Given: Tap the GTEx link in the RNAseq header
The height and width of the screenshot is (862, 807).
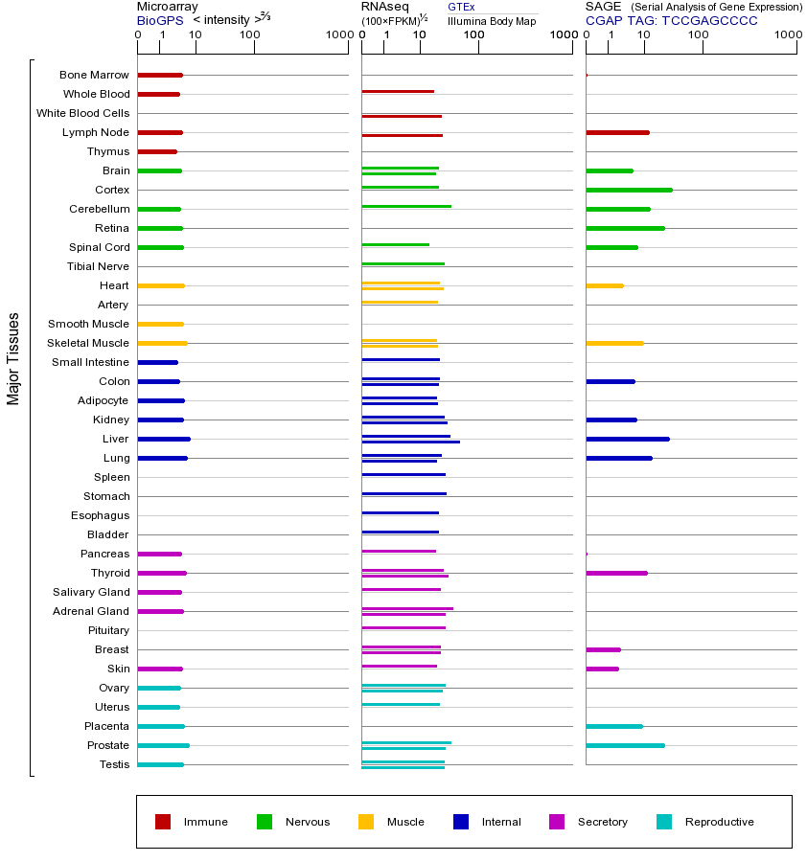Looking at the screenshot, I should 461,7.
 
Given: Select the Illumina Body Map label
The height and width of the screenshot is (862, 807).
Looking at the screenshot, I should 492,21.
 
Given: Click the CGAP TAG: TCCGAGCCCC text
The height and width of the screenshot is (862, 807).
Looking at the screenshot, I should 671,20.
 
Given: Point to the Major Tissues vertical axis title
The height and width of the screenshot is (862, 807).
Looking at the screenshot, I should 13,358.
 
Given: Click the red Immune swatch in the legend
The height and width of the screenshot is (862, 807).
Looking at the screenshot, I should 163,822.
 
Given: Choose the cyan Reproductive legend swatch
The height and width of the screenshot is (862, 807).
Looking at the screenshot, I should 664,822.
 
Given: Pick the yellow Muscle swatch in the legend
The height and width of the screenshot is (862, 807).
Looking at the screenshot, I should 366,822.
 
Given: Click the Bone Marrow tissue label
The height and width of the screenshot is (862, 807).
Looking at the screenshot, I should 94,75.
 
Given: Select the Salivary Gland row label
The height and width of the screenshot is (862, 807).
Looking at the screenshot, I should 93,592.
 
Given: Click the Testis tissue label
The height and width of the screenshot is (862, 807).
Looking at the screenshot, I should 114,764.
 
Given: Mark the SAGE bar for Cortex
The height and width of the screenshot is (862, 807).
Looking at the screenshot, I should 629,190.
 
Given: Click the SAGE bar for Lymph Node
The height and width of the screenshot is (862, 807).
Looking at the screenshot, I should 617,132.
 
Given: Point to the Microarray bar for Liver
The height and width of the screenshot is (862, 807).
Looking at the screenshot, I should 164,439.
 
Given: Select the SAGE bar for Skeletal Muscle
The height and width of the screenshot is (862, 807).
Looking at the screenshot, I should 614,343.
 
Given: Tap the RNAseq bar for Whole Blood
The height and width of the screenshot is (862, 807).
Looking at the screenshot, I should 398,92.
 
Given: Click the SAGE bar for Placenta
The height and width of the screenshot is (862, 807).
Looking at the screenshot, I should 614,726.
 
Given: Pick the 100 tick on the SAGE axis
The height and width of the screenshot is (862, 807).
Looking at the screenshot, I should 699,35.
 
